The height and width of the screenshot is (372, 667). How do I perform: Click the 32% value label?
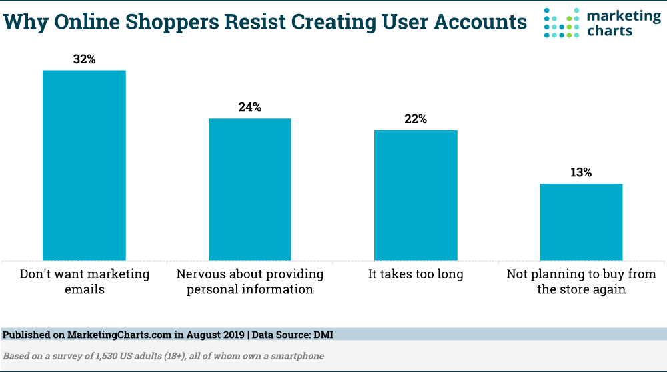click(84, 59)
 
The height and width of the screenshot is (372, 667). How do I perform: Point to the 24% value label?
click(250, 108)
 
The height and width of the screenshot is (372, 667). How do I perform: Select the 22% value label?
click(416, 119)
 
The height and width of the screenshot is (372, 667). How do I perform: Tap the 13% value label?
click(581, 173)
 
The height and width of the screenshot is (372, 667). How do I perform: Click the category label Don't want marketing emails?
click(84, 282)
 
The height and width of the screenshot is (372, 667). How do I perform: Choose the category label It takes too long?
click(416, 274)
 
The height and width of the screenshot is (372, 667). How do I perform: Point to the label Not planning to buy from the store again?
click(581, 282)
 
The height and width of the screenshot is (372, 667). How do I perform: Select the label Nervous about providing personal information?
click(250, 282)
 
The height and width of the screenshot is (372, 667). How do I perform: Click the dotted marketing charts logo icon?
click(560, 23)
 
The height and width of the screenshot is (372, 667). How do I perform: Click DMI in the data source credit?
click(322, 335)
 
